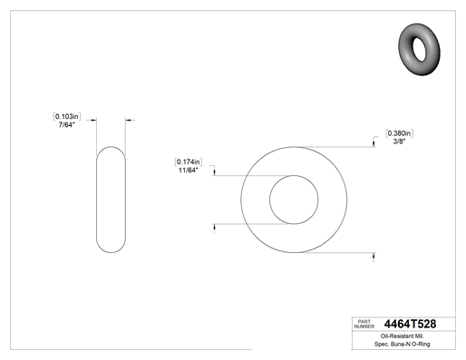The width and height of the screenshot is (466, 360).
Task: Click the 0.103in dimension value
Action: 67,116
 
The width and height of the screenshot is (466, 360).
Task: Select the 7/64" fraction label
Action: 66,125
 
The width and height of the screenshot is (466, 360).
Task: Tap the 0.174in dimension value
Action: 189,161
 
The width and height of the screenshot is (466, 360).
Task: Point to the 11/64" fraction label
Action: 189,170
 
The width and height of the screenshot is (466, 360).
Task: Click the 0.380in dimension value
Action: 399,133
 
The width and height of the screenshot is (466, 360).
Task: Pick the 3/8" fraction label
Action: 399,141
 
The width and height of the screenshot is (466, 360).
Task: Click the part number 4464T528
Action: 410,324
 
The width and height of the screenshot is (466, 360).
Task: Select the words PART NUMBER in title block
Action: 364,324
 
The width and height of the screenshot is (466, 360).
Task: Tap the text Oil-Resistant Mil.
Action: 402,336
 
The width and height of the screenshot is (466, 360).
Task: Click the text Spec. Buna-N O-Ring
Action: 403,344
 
